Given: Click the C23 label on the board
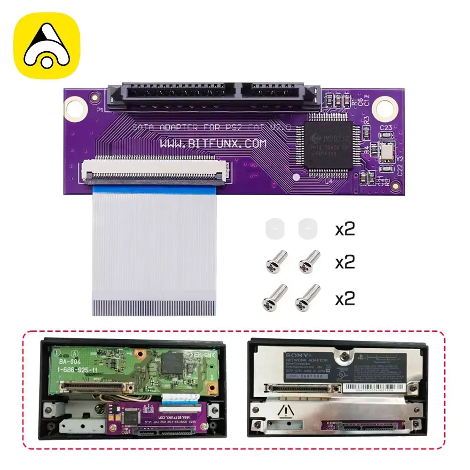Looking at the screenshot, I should pyautogui.click(x=386, y=127).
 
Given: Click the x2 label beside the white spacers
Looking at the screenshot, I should pyautogui.click(x=345, y=229).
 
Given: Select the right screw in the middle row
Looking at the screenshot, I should pyautogui.click(x=309, y=261).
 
